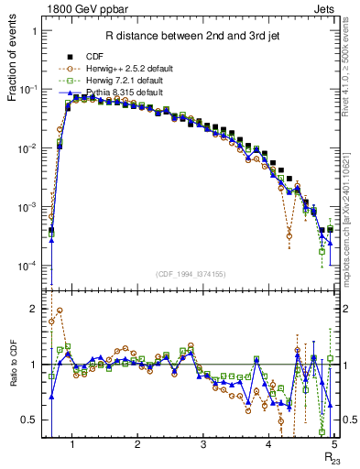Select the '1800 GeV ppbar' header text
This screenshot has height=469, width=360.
coord(83,8)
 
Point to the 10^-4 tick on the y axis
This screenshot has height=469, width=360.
coord(28,266)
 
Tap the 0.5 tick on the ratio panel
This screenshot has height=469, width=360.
coord(31,420)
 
